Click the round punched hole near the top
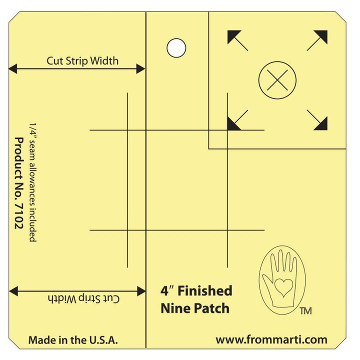176,48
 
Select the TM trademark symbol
306,311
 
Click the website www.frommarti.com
271,339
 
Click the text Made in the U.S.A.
73,340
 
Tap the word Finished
205,290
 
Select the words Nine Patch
195,308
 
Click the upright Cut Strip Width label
82,61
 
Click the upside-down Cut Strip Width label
84,298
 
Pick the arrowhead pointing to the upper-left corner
233,36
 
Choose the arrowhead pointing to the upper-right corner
321,36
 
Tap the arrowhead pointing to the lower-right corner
321,124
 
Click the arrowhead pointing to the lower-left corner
233,124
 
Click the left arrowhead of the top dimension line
13,68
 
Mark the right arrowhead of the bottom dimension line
141,291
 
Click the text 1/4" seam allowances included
33,182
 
